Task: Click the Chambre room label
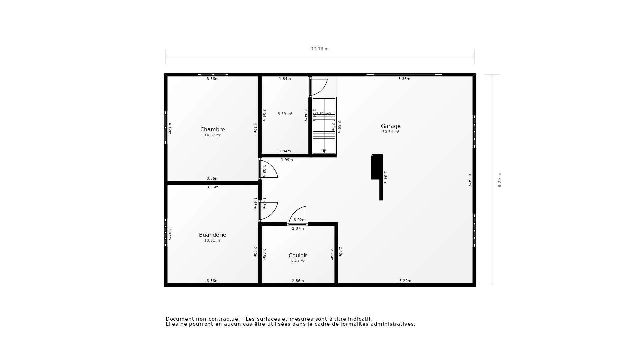pos(212,129)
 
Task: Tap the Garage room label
pos(391,126)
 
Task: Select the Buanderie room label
pos(212,235)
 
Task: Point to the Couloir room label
pos(298,255)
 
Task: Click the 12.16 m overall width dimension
pos(320,49)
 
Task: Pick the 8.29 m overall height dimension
pos(499,180)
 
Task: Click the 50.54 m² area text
pos(391,132)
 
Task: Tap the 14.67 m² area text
pos(213,135)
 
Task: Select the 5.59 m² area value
pos(285,114)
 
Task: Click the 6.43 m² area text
pos(298,261)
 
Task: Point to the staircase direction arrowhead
pos(324,151)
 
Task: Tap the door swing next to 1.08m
pos(269,169)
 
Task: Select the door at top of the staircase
pos(318,87)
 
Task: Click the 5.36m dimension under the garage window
pos(404,79)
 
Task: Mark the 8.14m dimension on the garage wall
pos(469,180)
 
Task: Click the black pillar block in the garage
pos(377,167)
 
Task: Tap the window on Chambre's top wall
pos(213,75)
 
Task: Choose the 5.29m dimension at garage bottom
pos(405,281)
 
